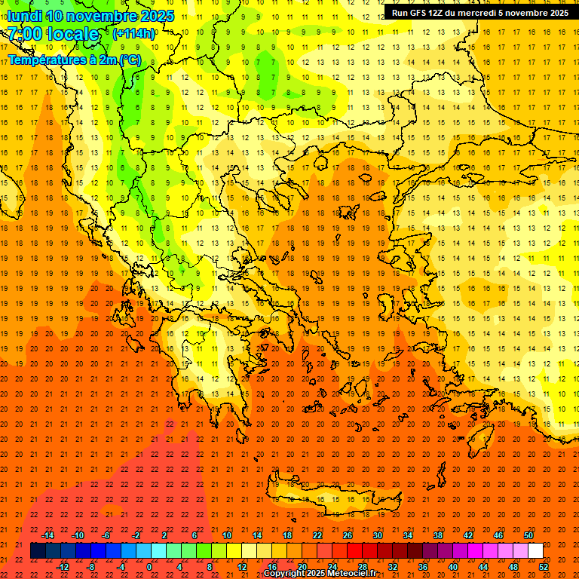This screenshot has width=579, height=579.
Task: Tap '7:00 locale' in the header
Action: point(54,35)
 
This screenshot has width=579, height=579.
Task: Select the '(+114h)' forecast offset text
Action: point(134,34)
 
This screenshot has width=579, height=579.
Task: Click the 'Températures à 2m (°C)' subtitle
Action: point(75,59)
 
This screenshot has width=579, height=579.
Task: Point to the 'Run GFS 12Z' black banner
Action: point(480,12)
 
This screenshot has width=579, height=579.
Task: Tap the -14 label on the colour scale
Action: point(47,535)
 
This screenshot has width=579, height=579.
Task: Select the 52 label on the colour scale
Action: point(544,567)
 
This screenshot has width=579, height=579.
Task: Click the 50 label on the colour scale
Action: point(528,535)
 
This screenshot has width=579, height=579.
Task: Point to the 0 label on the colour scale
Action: point(149,567)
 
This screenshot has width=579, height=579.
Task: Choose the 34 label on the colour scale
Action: point(408,535)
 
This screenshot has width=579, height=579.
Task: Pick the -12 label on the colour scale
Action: point(63,567)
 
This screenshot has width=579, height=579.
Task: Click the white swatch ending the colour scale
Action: point(535,551)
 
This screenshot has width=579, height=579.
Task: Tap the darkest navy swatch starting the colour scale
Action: point(38,551)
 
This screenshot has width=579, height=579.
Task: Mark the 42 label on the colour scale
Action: point(468,535)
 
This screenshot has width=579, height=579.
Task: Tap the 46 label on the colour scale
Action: point(498,535)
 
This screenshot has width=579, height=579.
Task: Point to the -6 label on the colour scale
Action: point(106,535)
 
